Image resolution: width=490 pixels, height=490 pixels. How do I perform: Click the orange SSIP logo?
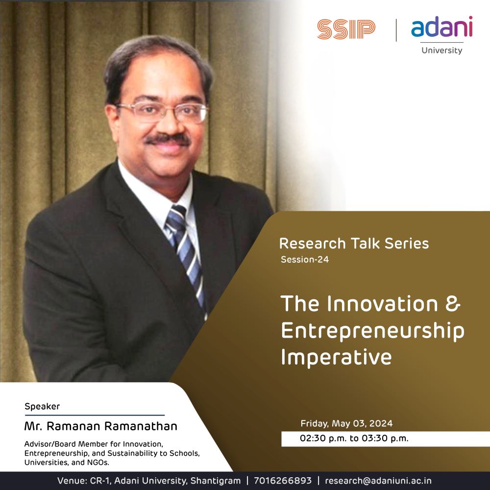click(346, 29)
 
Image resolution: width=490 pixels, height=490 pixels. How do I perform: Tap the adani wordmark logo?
click(441, 26)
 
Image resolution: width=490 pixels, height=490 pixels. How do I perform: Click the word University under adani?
click(441, 50)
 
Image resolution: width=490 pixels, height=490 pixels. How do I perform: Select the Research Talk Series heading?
click(354, 244)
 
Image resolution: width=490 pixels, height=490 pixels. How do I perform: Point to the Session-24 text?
click(305, 259)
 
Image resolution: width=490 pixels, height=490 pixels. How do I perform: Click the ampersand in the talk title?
click(453, 303)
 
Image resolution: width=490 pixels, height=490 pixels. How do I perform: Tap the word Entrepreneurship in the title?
click(372, 331)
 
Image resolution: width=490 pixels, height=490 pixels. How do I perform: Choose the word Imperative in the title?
click(336, 357)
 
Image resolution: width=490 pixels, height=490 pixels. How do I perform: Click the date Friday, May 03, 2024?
click(346, 423)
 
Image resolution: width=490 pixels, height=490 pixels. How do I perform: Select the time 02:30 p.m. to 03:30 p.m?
click(354, 438)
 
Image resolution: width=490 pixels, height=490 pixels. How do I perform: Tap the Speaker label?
click(42, 406)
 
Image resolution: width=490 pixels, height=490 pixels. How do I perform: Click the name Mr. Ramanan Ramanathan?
click(100, 426)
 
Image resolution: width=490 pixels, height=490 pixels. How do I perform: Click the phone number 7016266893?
click(283, 480)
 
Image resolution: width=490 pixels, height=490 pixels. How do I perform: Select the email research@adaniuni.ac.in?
click(378, 480)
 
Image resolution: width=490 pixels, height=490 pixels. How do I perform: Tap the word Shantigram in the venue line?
click(216, 481)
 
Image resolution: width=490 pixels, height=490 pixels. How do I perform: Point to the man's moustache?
click(168, 139)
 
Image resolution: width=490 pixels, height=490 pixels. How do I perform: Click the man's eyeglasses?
click(162, 112)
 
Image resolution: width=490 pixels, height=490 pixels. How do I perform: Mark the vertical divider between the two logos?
click(396, 30)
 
